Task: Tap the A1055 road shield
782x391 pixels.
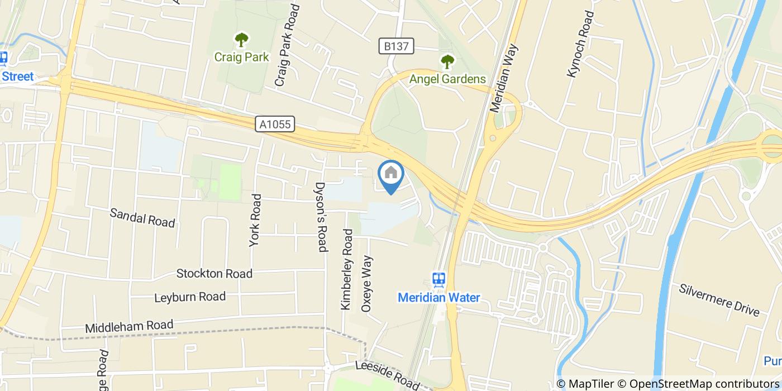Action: click(275, 124)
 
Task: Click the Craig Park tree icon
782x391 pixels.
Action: click(241, 40)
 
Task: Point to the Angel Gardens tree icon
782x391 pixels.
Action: click(447, 61)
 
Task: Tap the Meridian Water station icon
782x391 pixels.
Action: click(438, 279)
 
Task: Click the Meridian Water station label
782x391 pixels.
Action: click(438, 297)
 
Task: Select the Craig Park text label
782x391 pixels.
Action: click(241, 57)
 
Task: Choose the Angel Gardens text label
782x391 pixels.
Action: click(447, 79)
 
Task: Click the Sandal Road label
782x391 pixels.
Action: click(142, 217)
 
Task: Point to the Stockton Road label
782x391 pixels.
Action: click(214, 274)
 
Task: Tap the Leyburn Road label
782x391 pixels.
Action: click(190, 297)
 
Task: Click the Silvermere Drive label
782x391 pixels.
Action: click(719, 300)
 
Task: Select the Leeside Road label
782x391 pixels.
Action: click(388, 375)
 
